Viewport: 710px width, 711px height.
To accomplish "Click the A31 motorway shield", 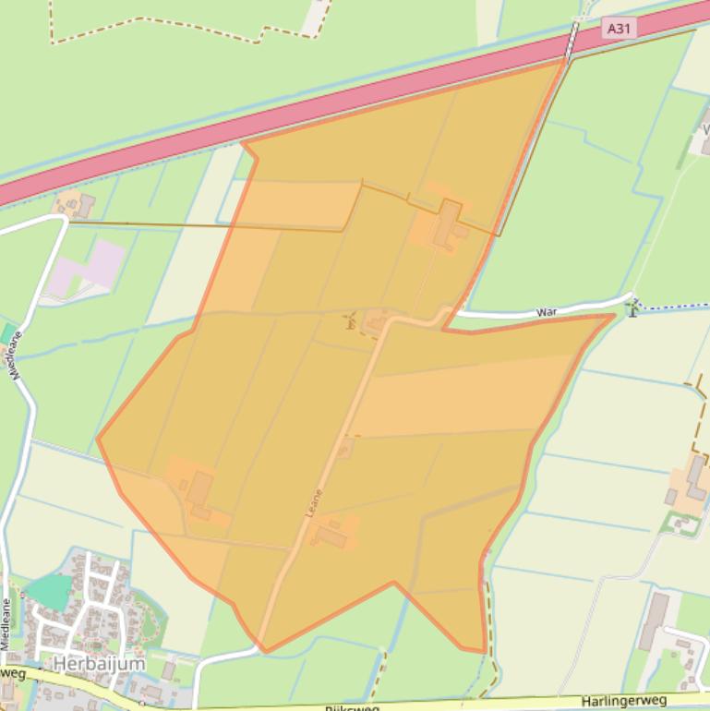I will [619, 29].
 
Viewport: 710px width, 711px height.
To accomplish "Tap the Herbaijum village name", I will [99, 663].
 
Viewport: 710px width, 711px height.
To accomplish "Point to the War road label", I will [548, 313].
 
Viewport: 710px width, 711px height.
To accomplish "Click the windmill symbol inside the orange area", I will [350, 321].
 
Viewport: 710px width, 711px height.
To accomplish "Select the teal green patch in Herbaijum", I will [50, 592].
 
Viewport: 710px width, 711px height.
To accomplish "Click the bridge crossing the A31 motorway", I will [573, 39].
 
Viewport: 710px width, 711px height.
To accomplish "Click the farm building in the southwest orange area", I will [199, 490].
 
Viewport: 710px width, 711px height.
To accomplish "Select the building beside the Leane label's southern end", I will [331, 536].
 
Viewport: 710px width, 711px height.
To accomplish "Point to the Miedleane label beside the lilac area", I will [16, 355].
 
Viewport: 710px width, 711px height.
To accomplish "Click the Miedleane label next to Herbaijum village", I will [6, 624].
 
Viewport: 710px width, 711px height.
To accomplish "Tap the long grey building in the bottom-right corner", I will [653, 620].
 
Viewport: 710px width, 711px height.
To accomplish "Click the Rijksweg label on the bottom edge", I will [351, 707].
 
